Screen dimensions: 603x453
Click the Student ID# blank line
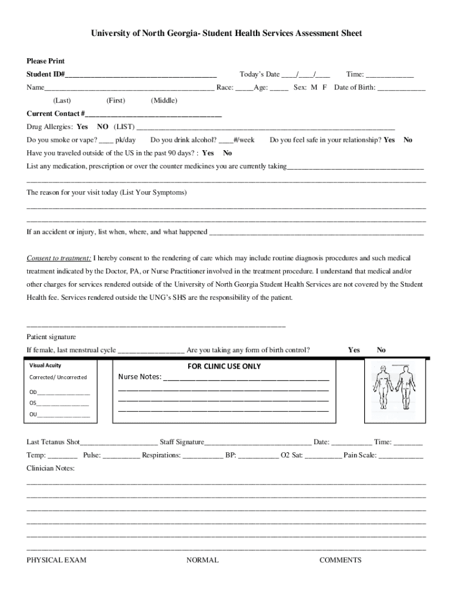tap(141, 75)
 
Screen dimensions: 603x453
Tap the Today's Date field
tap(305, 75)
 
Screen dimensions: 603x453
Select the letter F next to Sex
tap(324, 88)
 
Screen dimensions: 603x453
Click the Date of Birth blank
tap(401, 88)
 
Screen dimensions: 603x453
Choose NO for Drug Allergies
tap(102, 127)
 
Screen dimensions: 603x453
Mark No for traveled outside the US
tap(227, 153)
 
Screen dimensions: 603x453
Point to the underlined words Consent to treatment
tap(59, 259)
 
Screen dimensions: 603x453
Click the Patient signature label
tap(51, 337)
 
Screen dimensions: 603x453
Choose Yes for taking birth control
tap(354, 350)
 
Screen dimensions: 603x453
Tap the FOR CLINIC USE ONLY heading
tap(224, 366)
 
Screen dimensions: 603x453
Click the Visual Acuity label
tap(45, 365)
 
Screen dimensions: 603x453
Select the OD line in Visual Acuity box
tap(59, 392)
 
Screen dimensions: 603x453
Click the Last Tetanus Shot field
tap(119, 442)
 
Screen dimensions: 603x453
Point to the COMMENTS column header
tap(340, 560)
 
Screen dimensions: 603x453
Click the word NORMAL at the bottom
tap(202, 560)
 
